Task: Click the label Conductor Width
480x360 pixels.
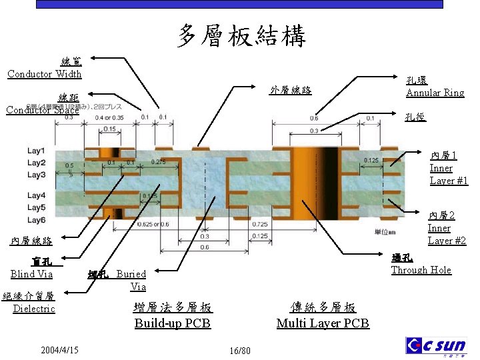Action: click(x=45, y=73)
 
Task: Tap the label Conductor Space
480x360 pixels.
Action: click(x=42, y=110)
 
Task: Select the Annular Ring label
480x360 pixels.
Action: click(x=435, y=93)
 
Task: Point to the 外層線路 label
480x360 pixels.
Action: click(x=291, y=91)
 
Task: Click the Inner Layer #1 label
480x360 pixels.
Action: click(x=449, y=168)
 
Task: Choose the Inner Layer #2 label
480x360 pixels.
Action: click(x=447, y=228)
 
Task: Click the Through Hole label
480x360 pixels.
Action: click(x=421, y=270)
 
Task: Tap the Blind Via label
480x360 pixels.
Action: click(x=31, y=273)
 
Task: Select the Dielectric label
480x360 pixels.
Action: click(x=34, y=309)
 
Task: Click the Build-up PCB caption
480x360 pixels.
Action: click(x=172, y=323)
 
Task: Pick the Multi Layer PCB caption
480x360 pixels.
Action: click(x=323, y=323)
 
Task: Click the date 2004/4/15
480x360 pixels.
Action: click(x=59, y=349)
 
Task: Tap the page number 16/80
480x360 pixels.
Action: click(x=239, y=351)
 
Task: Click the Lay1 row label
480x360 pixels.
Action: click(x=36, y=151)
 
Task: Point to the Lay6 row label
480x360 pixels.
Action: click(x=36, y=220)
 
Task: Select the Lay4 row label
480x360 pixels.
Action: click(x=36, y=195)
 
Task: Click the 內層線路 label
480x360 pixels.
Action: click(x=31, y=240)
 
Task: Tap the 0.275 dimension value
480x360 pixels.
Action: click(x=159, y=162)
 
